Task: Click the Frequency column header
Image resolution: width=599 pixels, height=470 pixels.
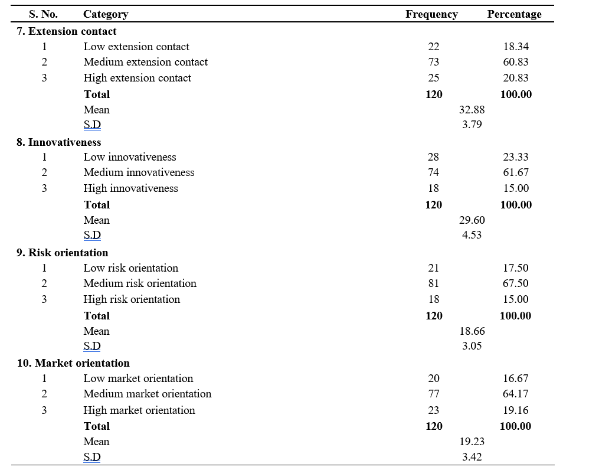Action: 431,15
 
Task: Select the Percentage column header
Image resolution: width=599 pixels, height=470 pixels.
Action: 514,15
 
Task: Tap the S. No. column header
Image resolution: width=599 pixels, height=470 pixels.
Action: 43,15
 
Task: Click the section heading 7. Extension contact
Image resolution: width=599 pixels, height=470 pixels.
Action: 67,31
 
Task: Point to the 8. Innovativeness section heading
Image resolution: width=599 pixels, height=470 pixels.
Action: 59,142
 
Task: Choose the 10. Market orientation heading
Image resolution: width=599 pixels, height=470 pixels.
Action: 73,363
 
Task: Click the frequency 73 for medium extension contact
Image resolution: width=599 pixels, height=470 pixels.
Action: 434,62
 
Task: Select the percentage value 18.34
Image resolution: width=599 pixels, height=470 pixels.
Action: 516,47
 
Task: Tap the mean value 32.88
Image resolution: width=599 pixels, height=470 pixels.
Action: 472,110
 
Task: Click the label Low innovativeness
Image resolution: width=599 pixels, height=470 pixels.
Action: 130,157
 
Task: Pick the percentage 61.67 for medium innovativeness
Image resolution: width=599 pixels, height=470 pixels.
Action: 516,172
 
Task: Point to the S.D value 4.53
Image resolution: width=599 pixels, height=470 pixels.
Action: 472,234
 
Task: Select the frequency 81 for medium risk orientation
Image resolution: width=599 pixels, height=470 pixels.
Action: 434,283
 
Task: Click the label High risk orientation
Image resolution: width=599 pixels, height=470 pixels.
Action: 132,299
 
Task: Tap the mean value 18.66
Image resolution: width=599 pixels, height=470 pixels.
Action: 472,331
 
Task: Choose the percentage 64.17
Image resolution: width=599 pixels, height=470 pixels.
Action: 515,394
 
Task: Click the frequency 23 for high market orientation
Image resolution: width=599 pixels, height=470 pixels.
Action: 434,410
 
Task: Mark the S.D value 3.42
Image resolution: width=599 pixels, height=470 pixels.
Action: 472,456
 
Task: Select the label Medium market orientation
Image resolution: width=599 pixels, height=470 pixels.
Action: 148,394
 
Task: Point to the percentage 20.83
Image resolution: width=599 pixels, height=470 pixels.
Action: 516,78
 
